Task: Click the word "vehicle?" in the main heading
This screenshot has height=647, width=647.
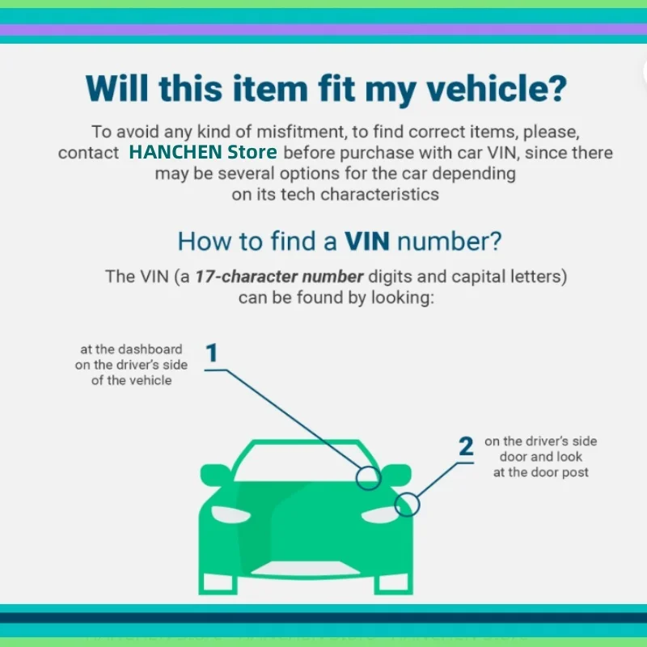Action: (x=497, y=88)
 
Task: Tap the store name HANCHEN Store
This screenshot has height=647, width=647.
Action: (x=203, y=152)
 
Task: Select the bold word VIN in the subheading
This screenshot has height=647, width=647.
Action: (x=367, y=241)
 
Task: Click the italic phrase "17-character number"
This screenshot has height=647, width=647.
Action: (x=279, y=276)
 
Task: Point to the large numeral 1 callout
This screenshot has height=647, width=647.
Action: (x=211, y=353)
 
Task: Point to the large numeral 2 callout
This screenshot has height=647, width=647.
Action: (x=467, y=446)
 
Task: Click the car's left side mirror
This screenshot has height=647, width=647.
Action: (x=214, y=475)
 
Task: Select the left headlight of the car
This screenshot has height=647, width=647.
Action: (x=230, y=514)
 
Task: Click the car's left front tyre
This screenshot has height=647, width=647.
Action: (x=218, y=583)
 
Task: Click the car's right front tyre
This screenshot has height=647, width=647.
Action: (x=393, y=583)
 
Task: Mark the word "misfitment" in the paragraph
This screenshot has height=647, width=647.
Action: (x=300, y=132)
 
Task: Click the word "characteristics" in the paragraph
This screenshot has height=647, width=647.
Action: (x=379, y=194)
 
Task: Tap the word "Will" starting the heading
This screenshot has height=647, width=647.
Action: (x=116, y=88)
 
